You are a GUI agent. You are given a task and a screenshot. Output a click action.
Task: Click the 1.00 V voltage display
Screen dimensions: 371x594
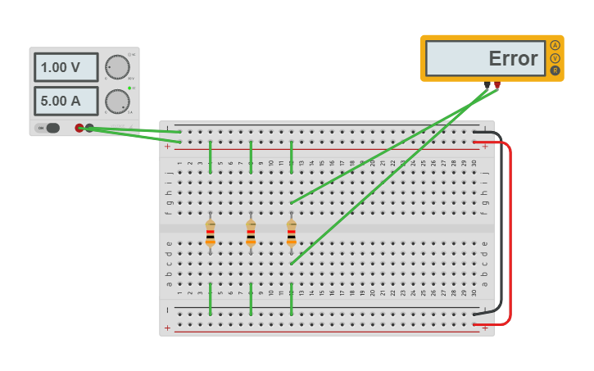tap(66, 67)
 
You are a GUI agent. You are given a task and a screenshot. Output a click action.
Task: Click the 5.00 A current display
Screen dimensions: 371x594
tap(66, 101)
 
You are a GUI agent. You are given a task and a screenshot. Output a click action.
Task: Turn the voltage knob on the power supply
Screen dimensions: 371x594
tap(117, 67)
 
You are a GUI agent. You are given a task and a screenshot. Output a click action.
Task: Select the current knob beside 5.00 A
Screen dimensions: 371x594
tap(117, 102)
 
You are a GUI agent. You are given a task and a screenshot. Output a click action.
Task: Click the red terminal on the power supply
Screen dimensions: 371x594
tap(79, 128)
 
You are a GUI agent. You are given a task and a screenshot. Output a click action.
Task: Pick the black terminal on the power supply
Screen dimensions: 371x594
tap(89, 128)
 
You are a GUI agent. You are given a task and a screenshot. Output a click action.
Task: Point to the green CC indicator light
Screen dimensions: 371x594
tap(129, 88)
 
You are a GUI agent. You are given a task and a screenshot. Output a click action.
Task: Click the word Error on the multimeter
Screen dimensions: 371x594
tap(513, 59)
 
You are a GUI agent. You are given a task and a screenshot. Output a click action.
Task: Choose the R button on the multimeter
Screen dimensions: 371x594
tap(555, 70)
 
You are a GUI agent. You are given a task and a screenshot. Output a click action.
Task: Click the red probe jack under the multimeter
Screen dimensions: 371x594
tap(497, 84)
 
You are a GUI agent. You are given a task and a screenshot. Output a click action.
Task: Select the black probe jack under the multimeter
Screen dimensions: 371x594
tap(487, 84)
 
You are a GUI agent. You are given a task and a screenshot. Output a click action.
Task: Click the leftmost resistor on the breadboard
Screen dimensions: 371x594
tap(211, 232)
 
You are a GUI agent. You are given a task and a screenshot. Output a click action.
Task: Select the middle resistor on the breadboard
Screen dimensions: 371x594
tap(251, 232)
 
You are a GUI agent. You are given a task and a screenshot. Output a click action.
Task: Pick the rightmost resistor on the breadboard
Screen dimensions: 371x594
tap(291, 232)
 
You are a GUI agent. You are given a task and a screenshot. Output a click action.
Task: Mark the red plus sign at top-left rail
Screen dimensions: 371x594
tap(168, 147)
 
